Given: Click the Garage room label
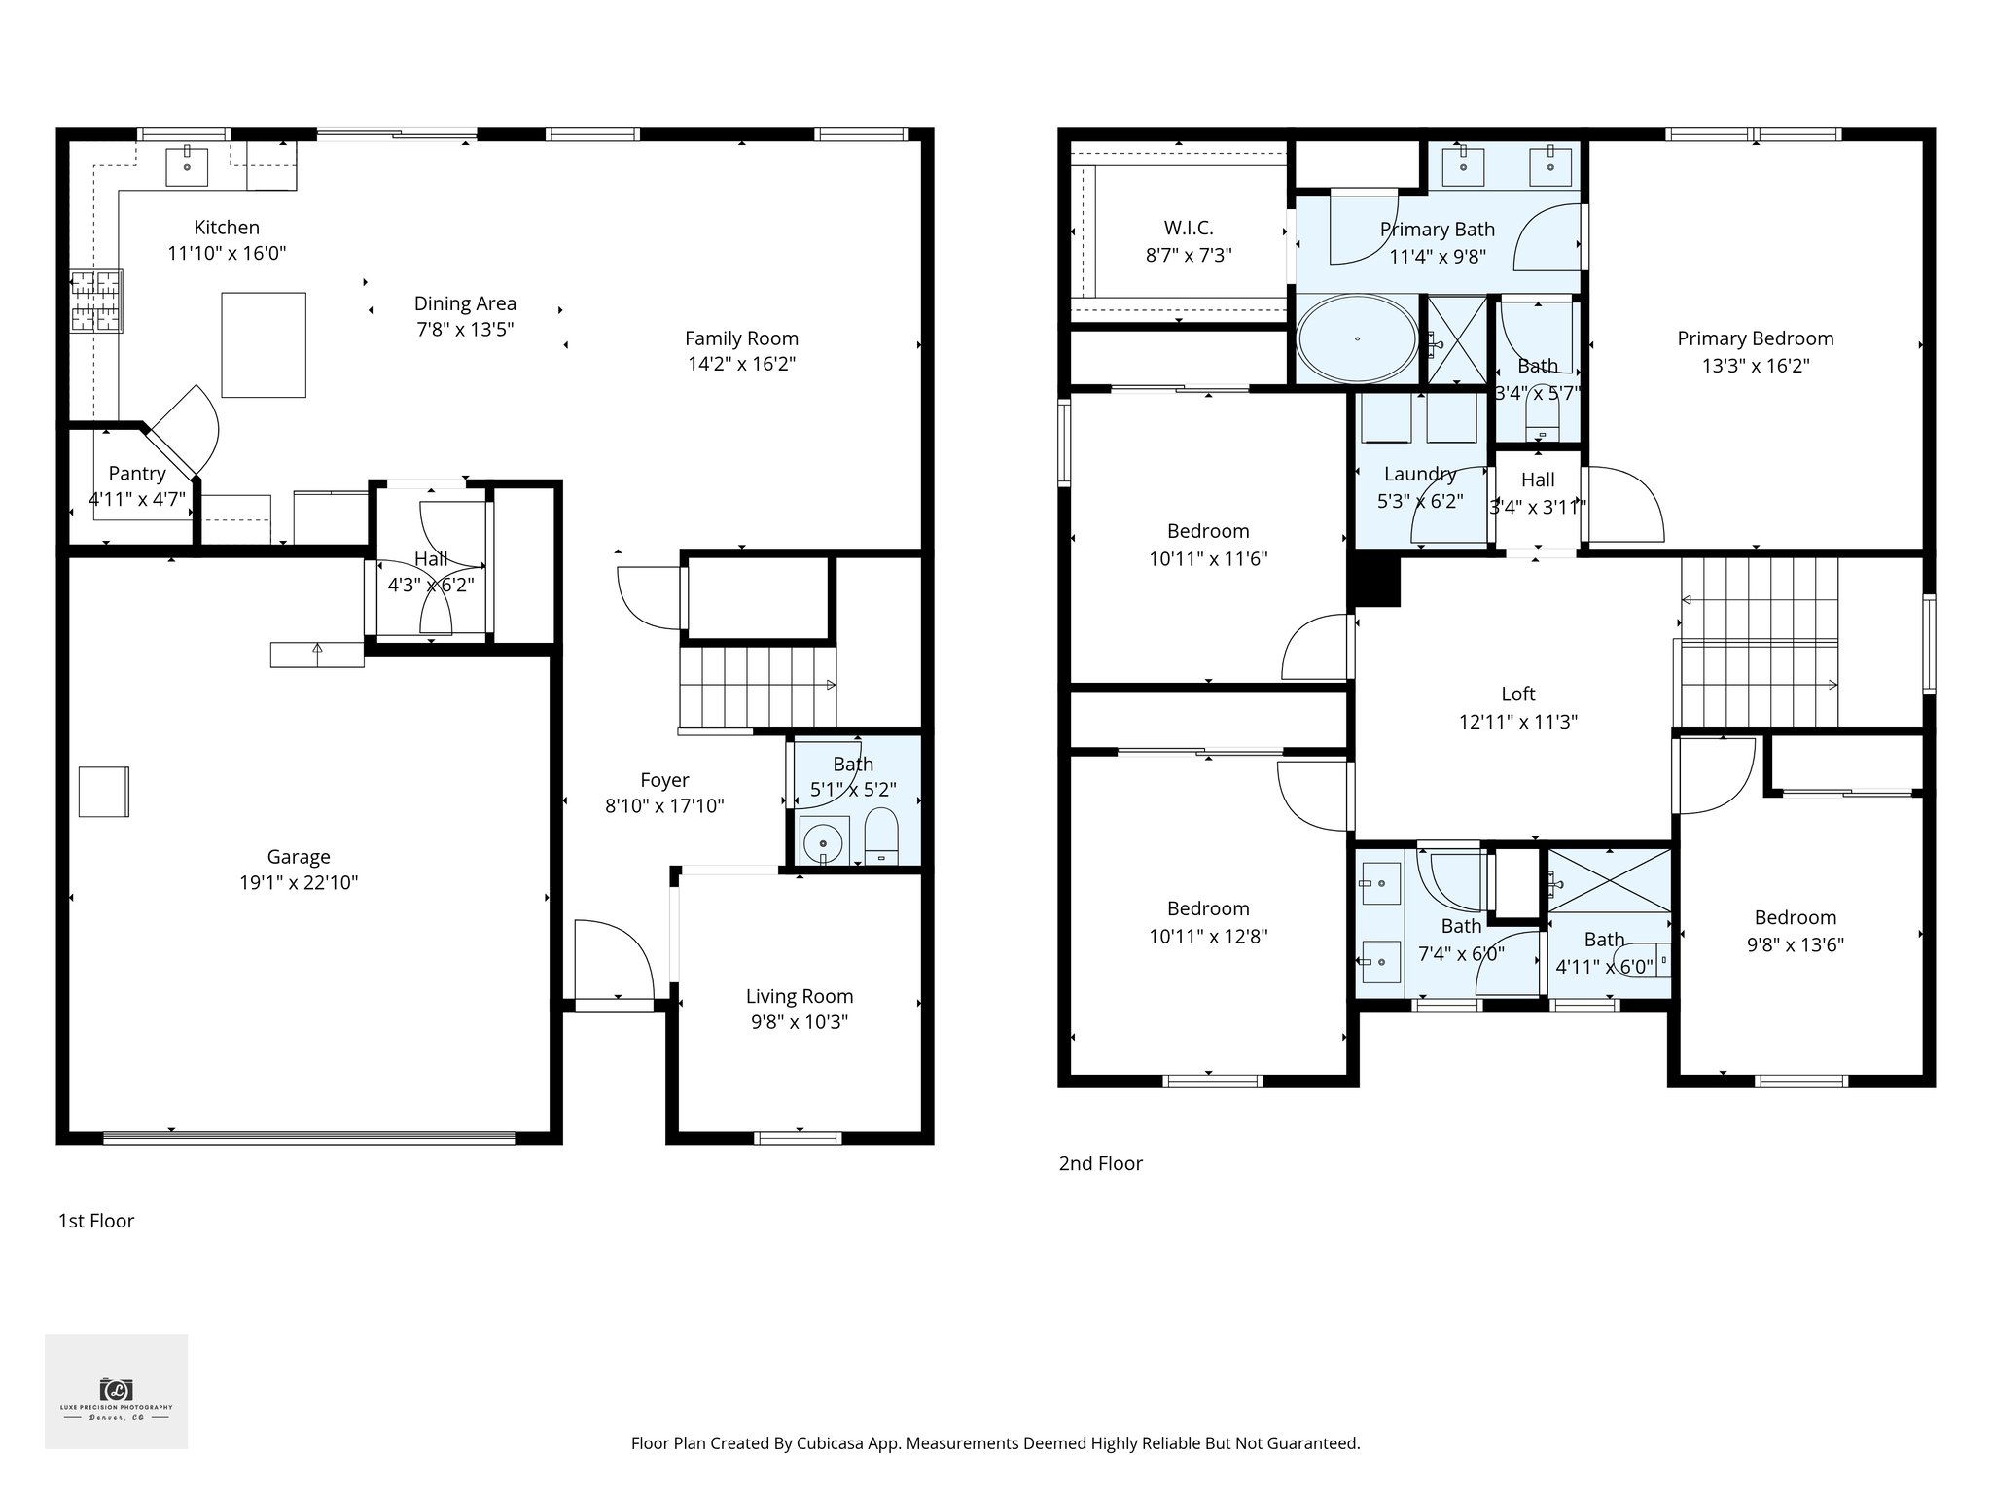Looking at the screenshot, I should pos(299,857).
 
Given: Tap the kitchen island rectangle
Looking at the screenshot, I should pos(264,345).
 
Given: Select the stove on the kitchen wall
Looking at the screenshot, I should pos(96,301).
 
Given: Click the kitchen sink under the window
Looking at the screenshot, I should pos(187,165).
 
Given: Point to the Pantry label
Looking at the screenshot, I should pos(137,474).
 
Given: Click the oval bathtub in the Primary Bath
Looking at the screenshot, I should pos(1358,338).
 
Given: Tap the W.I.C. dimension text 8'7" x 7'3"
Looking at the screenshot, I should pos(1189,256).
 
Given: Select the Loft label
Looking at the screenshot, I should pos(1517,694).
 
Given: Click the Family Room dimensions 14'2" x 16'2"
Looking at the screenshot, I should pos(741,365).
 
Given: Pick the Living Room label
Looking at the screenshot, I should pos(800,996).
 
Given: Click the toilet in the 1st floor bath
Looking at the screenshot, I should pos(881,835).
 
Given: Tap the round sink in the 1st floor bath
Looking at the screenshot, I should pos(824,840).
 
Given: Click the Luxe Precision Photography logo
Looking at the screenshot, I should pos(117,1392).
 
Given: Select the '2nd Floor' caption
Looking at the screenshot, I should pos(1100,1163).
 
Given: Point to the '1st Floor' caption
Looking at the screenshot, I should pos(96,1221).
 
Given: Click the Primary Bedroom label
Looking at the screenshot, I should pos(1755,338).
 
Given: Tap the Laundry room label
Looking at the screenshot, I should pos(1420,474).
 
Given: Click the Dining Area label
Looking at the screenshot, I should pos(465,303).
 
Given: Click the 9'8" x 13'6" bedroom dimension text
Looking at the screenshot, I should pos(1795,944).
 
